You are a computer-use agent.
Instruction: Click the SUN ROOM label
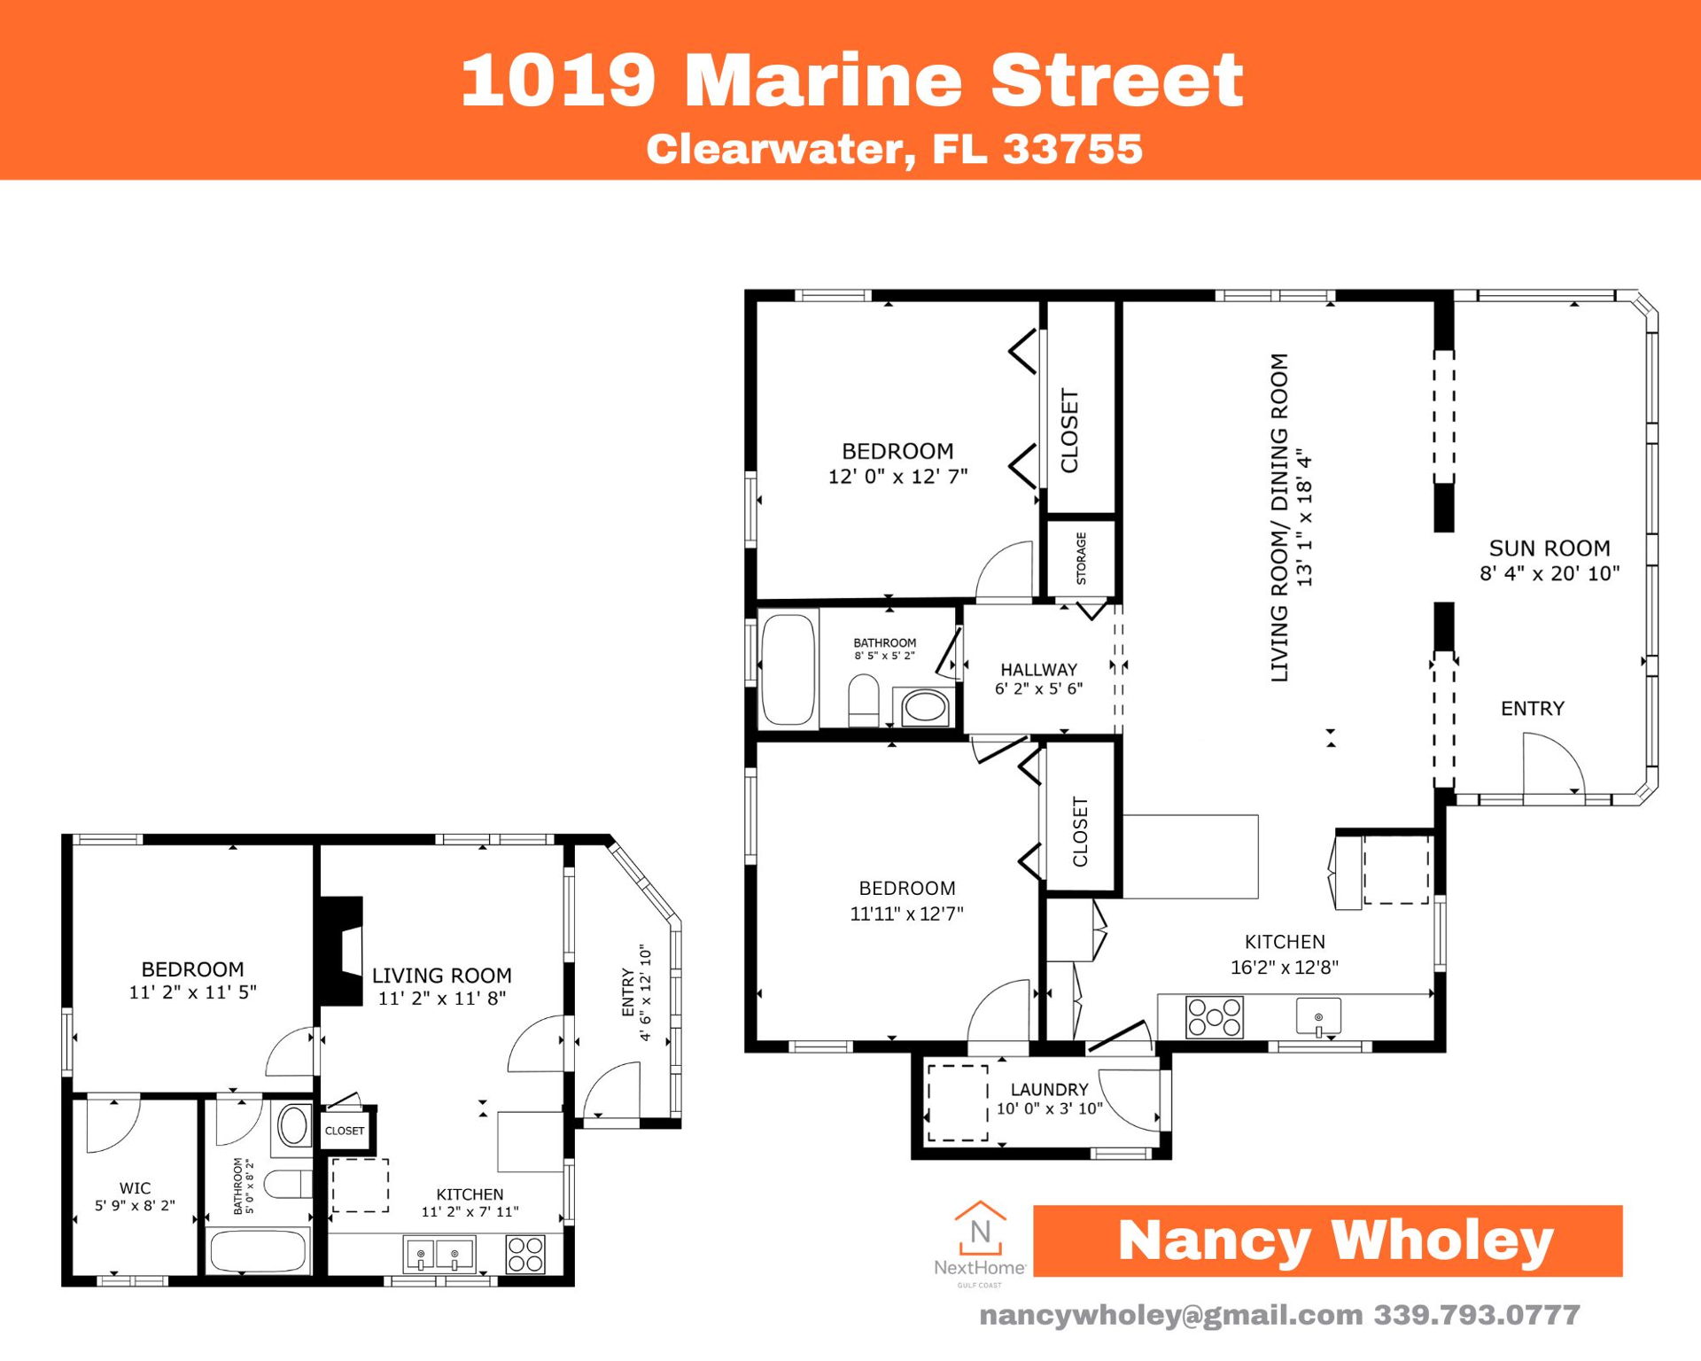click(1549, 548)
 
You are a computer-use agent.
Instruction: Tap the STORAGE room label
click(1081, 558)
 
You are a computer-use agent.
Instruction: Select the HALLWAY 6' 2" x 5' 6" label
click(1038, 679)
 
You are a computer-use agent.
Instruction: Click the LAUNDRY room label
click(1049, 1090)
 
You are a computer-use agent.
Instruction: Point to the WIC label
click(135, 1188)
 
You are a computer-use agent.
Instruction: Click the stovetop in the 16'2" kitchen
click(1214, 1017)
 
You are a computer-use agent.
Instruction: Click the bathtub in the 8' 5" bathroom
click(788, 669)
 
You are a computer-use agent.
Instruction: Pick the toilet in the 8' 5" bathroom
click(863, 700)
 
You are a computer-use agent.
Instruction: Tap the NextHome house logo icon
click(980, 1228)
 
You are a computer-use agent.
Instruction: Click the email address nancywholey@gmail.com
click(1170, 1315)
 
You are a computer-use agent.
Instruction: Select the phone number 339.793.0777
click(1477, 1315)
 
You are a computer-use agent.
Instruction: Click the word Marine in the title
click(823, 81)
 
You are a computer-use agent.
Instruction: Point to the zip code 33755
click(1072, 149)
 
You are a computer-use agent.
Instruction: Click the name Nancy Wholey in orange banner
click(1335, 1240)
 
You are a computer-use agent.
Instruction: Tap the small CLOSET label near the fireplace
click(345, 1131)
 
